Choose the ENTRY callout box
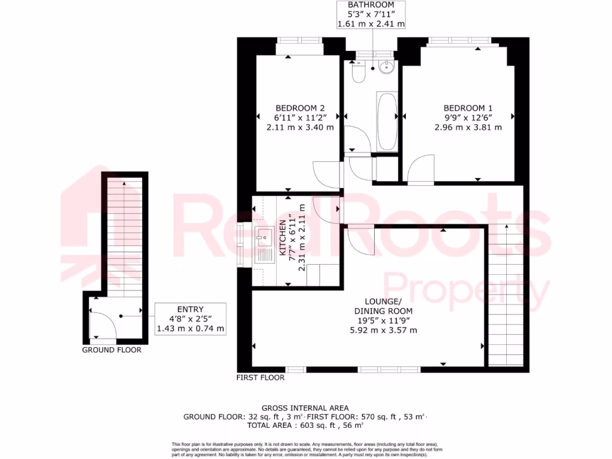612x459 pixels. tap(190, 317)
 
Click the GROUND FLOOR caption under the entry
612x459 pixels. tap(112, 350)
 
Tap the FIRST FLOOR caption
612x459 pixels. tap(261, 378)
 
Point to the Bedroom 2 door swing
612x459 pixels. tap(328, 175)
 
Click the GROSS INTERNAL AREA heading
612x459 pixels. tap(305, 408)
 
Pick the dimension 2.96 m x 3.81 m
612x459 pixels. tap(468, 127)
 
